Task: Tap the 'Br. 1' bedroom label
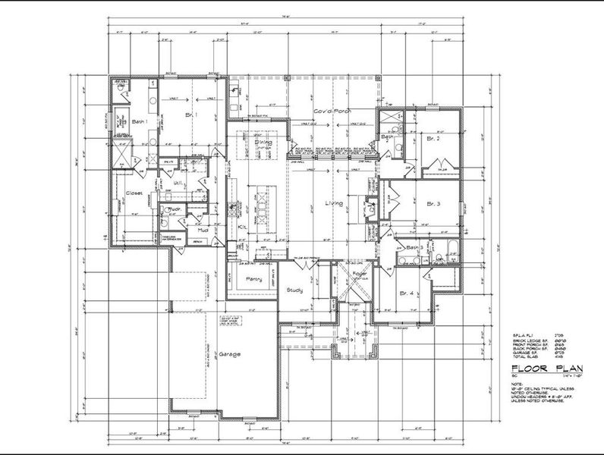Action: pyautogui.click(x=191, y=115)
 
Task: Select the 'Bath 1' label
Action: pyautogui.click(x=139, y=121)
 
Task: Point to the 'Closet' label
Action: pyautogui.click(x=134, y=193)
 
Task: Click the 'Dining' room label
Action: pyautogui.click(x=263, y=142)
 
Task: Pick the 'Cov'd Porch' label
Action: pyautogui.click(x=331, y=111)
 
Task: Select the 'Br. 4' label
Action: pyautogui.click(x=407, y=293)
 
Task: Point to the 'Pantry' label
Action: pyautogui.click(x=253, y=280)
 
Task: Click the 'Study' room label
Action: pyautogui.click(x=294, y=290)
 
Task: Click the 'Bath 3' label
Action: pyautogui.click(x=413, y=248)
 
